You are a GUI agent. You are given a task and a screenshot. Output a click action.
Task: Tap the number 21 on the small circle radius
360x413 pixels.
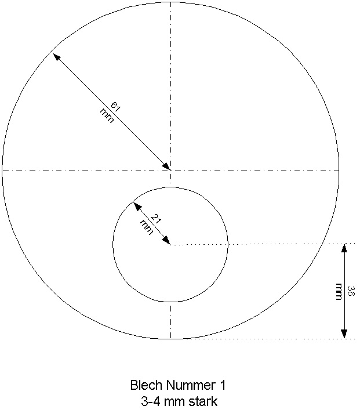pos(155,219)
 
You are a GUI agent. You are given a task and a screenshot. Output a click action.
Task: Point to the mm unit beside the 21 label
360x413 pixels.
pos(146,227)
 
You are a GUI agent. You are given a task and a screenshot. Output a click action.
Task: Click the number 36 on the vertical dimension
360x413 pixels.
pos(351,291)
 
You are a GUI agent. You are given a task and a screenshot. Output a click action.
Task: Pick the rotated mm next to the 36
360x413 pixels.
pos(339,291)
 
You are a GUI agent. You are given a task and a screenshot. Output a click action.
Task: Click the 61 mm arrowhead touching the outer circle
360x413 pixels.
pos(56,57)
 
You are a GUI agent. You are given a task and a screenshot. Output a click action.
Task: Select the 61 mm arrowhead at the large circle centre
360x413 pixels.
pos(166,166)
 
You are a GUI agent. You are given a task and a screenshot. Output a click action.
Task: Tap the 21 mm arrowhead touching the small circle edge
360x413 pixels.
pos(137,206)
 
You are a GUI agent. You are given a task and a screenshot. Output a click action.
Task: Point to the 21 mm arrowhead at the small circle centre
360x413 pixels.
pos(167,241)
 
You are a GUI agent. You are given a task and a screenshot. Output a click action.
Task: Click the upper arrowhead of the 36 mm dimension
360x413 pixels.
pos(344,248)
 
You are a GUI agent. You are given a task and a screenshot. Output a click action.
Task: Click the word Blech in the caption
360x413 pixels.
pos(143,385)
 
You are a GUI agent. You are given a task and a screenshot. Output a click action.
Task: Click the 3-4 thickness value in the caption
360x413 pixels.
pos(149,401)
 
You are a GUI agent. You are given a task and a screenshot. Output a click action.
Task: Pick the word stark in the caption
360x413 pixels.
pos(203,401)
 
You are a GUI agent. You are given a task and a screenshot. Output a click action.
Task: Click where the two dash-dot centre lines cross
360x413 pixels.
pos(170,171)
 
